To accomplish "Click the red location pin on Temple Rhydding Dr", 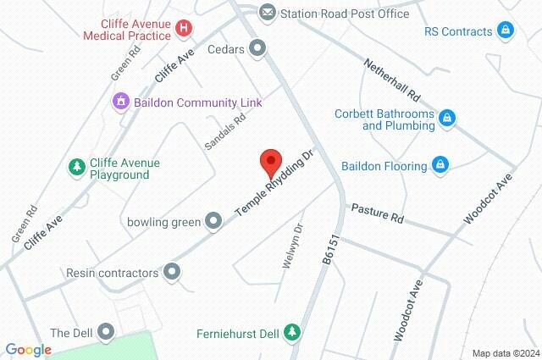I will click(270, 160).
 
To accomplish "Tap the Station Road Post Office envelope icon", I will click(268, 13).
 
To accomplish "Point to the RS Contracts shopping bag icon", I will click(505, 31).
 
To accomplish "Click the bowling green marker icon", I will click(213, 222).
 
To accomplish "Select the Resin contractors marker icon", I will click(173, 273).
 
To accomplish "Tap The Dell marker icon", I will click(106, 331).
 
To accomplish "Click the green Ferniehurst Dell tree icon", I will click(292, 331).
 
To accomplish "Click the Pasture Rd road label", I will click(377, 212).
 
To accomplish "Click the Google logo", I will click(28, 350).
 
